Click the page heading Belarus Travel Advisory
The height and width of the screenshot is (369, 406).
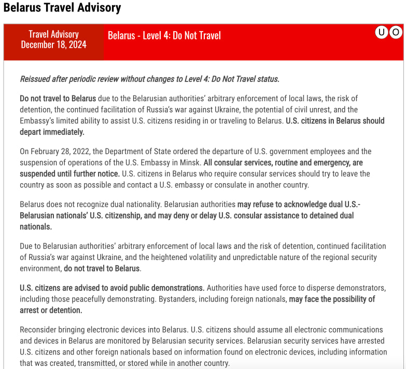click(x=62, y=8)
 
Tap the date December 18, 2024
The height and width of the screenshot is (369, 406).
click(x=53, y=45)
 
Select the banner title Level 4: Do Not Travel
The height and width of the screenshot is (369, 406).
click(x=164, y=35)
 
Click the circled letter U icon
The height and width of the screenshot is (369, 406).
click(x=382, y=32)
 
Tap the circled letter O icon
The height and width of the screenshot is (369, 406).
click(x=396, y=32)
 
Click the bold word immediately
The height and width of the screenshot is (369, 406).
click(x=61, y=132)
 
